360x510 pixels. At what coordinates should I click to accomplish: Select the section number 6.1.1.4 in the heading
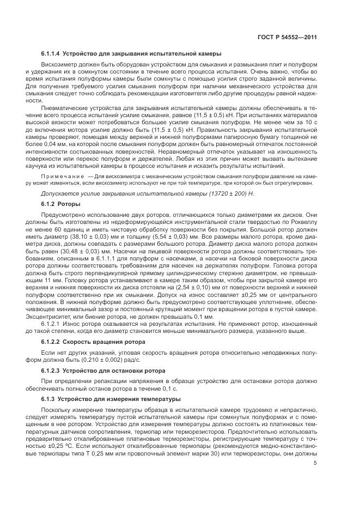[50, 54]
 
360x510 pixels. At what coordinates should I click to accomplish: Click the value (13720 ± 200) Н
[175, 193]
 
